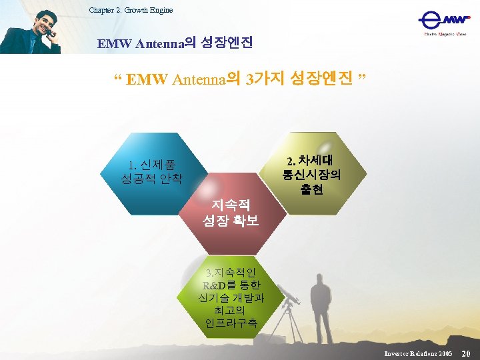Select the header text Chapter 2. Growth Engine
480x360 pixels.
[131, 10]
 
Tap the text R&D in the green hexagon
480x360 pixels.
[214, 285]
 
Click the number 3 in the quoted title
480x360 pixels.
[249, 81]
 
